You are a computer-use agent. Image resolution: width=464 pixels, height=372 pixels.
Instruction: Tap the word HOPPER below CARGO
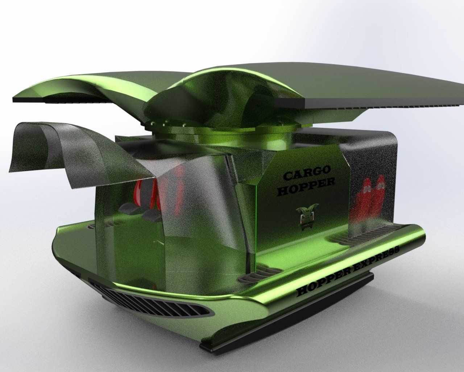(306, 187)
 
